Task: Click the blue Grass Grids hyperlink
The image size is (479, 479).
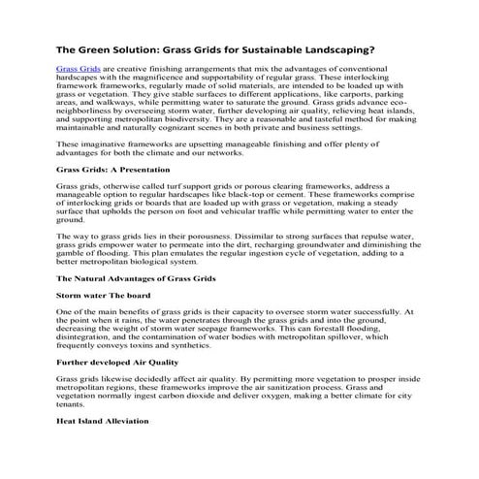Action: [79, 71]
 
